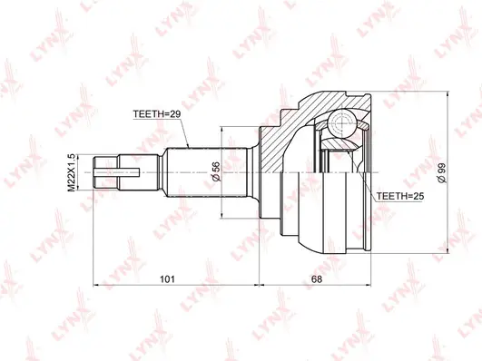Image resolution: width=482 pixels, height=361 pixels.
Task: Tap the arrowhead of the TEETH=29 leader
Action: pos(187,146)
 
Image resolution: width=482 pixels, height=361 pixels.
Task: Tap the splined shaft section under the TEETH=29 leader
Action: pos(191,168)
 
